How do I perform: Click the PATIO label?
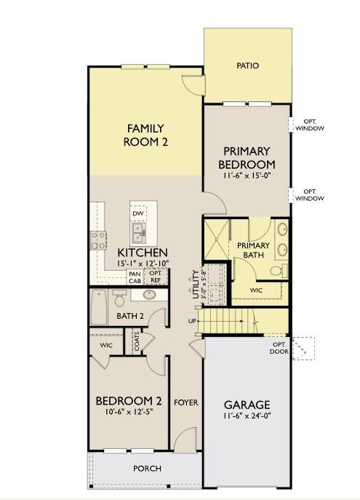tap(247, 66)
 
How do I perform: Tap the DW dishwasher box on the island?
tap(138, 213)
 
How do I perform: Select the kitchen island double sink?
tap(139, 233)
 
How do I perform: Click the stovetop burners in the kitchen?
tap(98, 240)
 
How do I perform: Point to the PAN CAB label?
tap(135, 277)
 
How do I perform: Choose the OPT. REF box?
tap(156, 277)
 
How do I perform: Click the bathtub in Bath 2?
tap(99, 307)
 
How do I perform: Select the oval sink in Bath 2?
tap(149, 294)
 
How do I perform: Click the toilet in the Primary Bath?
tap(279, 271)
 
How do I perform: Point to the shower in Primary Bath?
tap(216, 239)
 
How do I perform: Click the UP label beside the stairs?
tap(192, 321)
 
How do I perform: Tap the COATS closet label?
tap(137, 341)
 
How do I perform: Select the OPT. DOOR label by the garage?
tap(279, 348)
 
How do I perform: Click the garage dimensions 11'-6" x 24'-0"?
tap(247, 416)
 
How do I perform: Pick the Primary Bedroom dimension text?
tap(247, 175)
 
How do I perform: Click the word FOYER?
tap(185, 402)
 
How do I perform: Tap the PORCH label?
tap(147, 469)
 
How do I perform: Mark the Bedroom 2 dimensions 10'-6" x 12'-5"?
tap(129, 412)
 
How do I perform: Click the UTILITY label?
tap(196, 285)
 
